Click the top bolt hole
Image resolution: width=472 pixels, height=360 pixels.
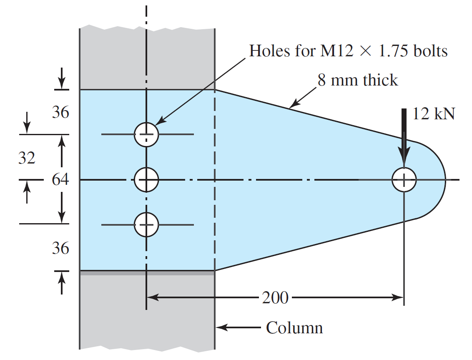click(146, 135)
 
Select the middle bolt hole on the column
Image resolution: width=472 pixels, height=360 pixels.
click(146, 180)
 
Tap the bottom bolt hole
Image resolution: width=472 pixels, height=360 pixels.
click(146, 224)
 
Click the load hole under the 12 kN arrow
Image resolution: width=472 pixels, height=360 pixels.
click(404, 180)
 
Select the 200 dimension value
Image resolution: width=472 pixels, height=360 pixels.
click(275, 298)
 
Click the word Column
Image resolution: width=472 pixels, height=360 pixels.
click(294, 328)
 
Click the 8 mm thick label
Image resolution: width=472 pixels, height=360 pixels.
click(358, 80)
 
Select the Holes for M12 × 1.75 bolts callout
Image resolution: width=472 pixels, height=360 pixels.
click(348, 51)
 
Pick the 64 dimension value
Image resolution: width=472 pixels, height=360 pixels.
click(60, 180)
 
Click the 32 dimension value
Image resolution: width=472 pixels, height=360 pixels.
click(27, 158)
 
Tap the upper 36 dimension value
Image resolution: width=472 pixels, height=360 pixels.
click(60, 113)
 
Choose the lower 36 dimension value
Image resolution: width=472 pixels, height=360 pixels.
click(60, 249)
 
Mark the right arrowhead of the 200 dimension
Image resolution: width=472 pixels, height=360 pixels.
click(398, 297)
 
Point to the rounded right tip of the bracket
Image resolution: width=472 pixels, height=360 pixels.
click(444, 180)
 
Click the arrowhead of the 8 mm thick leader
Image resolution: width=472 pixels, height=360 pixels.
click(293, 105)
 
